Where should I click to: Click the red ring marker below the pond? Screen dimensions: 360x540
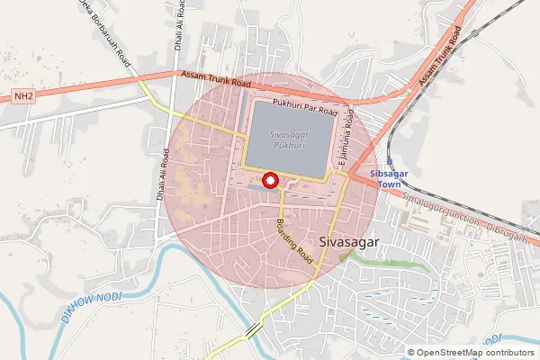(269, 181)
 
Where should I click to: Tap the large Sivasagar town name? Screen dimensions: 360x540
(349, 241)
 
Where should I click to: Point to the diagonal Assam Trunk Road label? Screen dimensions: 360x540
(440, 60)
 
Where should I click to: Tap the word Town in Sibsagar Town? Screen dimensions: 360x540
(389, 184)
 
